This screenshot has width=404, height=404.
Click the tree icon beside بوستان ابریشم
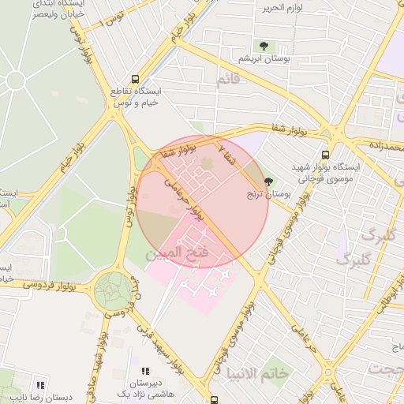(x=263, y=47)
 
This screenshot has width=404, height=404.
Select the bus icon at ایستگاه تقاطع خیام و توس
(x=136, y=79)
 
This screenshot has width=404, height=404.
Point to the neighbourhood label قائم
(x=226, y=80)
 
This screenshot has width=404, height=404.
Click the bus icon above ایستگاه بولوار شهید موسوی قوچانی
(x=325, y=155)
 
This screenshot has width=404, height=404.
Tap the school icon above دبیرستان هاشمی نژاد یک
(x=144, y=371)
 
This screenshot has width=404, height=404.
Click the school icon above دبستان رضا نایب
(x=40, y=385)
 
